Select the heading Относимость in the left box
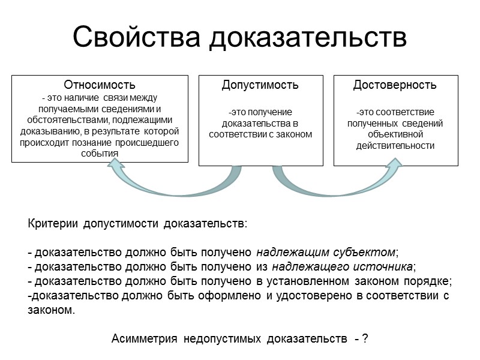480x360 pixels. (100, 85)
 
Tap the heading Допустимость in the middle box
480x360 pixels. (260, 85)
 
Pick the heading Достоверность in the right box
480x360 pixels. (395, 85)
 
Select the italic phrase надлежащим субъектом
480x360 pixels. (326, 251)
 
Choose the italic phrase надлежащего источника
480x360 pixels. (342, 266)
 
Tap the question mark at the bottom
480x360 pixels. (365, 340)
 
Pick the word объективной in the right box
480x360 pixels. (395, 134)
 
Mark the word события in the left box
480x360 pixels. (100, 154)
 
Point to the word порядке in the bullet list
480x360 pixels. (429, 281)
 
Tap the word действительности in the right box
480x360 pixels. (395, 146)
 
